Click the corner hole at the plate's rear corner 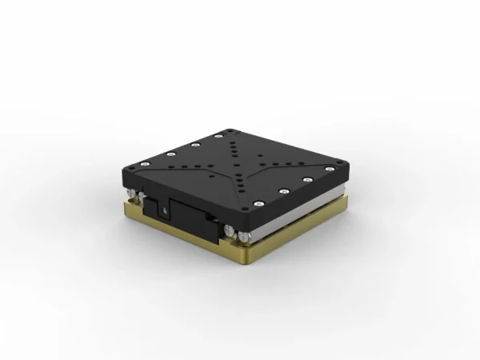[x=230, y=130]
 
